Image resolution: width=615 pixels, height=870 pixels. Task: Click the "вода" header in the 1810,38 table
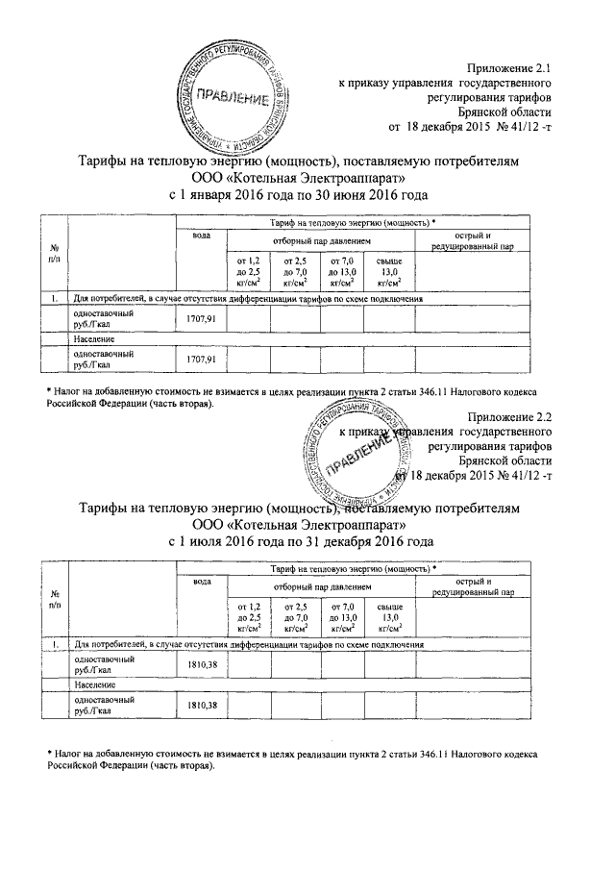[x=201, y=583]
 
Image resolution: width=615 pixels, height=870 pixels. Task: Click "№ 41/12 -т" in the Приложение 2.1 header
[x=522, y=128]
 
